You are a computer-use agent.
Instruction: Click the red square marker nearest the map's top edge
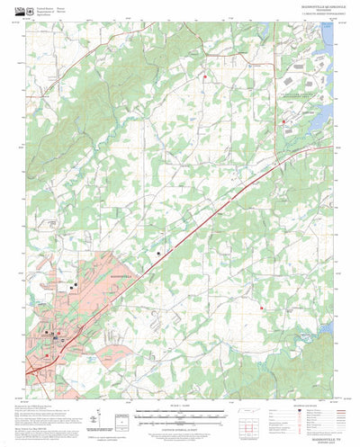(x=205, y=76)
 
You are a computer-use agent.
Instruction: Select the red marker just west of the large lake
(x=283, y=121)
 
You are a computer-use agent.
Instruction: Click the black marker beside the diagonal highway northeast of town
(x=160, y=255)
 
